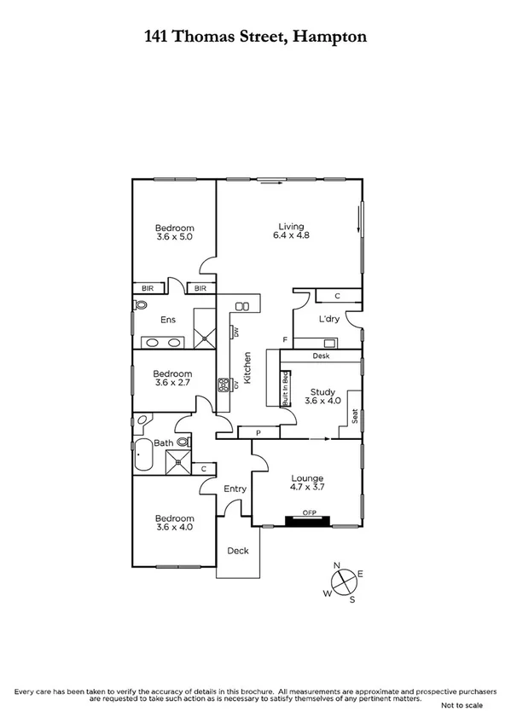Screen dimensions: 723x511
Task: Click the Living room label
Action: pyautogui.click(x=283, y=227)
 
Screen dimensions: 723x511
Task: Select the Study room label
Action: pyautogui.click(x=322, y=391)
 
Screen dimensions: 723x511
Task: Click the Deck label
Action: pyautogui.click(x=238, y=551)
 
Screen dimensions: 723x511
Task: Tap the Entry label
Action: pyautogui.click(x=235, y=489)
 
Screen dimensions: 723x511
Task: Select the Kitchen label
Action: pyautogui.click(x=247, y=368)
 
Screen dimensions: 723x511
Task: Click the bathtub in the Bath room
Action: pyautogui.click(x=142, y=454)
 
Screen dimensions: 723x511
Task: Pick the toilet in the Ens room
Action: pyautogui.click(x=141, y=304)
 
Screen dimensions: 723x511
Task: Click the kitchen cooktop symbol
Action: pyautogui.click(x=225, y=385)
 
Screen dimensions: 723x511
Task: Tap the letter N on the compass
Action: pyautogui.click(x=336, y=565)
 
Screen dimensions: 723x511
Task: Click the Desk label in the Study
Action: pyautogui.click(x=321, y=356)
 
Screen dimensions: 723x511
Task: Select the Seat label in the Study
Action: pyautogui.click(x=354, y=416)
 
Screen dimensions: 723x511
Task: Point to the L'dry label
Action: pyautogui.click(x=329, y=319)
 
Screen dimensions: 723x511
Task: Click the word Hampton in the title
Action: pyautogui.click(x=332, y=37)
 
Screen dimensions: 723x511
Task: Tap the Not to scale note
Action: pyautogui.click(x=462, y=705)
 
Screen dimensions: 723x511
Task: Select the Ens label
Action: pyautogui.click(x=168, y=321)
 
